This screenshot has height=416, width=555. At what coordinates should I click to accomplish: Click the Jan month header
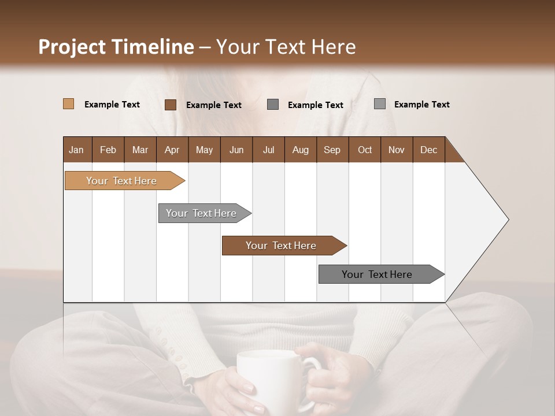(x=77, y=150)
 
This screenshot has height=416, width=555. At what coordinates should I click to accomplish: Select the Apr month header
(x=172, y=150)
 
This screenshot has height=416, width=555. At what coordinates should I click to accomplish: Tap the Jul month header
(x=268, y=150)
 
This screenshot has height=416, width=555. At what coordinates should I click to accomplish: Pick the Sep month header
(x=332, y=150)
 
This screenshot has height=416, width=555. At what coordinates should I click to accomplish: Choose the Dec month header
(x=428, y=150)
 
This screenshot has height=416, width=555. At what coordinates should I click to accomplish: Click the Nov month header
(x=397, y=150)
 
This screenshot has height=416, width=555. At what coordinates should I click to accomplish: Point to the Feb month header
(x=108, y=150)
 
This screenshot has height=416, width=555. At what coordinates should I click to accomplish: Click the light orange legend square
(x=68, y=104)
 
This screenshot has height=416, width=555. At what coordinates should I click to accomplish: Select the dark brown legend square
(x=170, y=105)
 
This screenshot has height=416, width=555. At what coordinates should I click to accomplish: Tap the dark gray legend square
(x=273, y=105)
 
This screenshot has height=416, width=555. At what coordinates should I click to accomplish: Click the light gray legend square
(x=379, y=104)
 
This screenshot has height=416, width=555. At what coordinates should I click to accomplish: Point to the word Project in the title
(x=72, y=47)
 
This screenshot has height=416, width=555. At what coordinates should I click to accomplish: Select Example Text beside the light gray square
(x=421, y=104)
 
